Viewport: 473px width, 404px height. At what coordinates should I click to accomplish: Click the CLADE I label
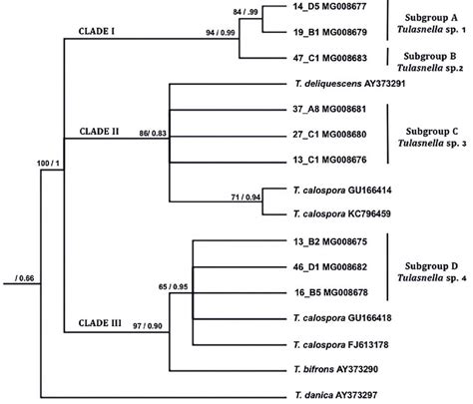[101, 32]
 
